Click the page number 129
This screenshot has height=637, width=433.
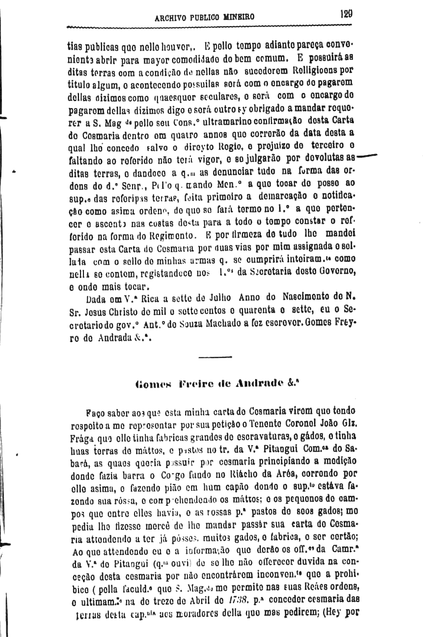coord(346,14)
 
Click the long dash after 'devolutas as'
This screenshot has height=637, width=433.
coord(366,157)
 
